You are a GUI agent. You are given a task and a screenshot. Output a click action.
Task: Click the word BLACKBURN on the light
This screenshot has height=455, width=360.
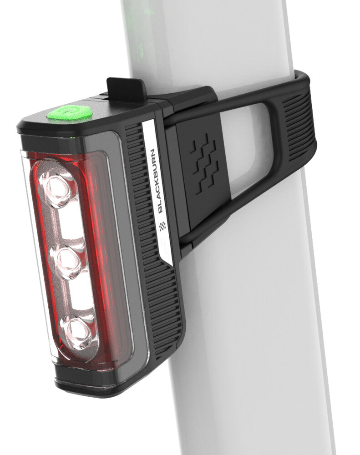(x=157, y=181)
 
